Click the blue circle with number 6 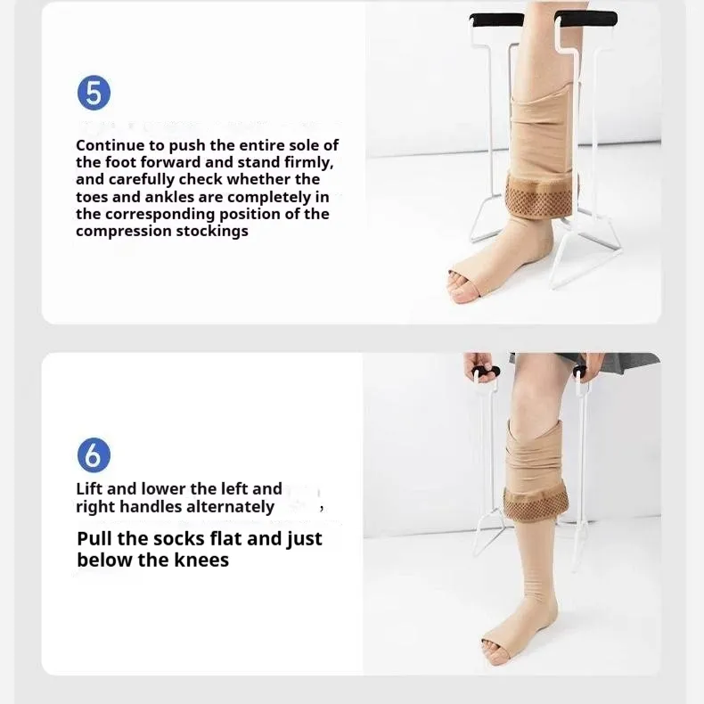coord(94,455)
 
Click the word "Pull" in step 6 coord(96,538)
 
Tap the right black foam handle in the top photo coord(585,17)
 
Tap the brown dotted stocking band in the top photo coord(542,193)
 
